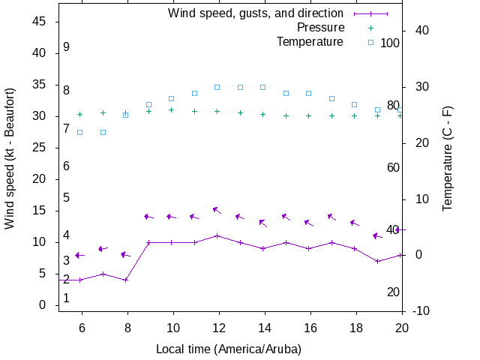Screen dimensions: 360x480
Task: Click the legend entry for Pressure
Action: click(320, 28)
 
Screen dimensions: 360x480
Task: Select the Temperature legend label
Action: click(310, 41)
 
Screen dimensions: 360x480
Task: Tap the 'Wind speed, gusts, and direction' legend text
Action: click(256, 13)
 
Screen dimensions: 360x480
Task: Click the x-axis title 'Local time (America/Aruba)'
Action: click(229, 349)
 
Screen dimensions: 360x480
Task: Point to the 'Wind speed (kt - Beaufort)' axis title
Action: click(10, 169)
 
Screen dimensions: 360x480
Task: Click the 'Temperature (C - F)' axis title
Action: click(448, 169)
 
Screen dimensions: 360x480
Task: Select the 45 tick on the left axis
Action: click(40, 22)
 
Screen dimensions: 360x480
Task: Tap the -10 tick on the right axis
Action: click(421, 310)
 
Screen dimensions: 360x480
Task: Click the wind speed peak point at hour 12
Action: click(217, 235)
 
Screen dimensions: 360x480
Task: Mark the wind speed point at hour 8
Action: click(126, 280)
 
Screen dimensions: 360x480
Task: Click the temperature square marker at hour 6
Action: click(80, 132)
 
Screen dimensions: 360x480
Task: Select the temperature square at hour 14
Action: click(263, 87)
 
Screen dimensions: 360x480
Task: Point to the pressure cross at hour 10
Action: click(172, 110)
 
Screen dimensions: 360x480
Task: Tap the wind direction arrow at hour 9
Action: click(148, 217)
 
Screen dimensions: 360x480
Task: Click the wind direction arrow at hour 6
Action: click(80, 255)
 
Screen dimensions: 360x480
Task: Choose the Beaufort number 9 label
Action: click(67, 47)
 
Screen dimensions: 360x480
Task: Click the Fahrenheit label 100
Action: click(390, 43)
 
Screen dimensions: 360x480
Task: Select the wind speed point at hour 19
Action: click(378, 261)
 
